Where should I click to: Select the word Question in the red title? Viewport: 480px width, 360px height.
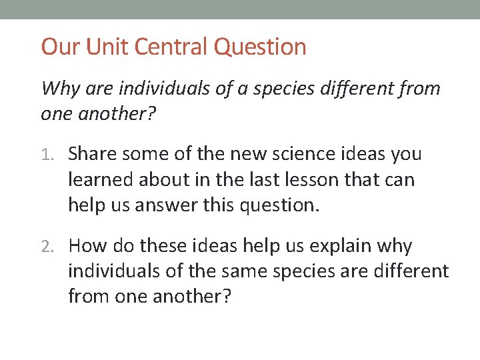click(260, 47)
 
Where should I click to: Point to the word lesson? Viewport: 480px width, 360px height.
click(317, 180)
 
